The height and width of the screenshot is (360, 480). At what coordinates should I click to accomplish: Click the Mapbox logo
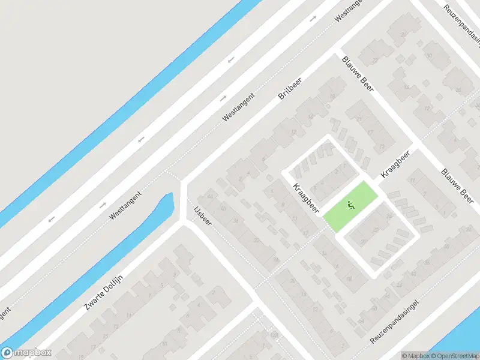coord(26,353)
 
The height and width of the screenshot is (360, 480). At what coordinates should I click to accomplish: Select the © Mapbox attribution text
coord(415,356)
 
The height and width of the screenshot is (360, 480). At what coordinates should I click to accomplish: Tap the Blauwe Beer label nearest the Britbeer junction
coord(358,74)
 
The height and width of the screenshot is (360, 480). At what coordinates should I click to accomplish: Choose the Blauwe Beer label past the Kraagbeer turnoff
coord(458,185)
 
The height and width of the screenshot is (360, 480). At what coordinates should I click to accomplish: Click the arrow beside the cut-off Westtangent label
coord(313,19)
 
